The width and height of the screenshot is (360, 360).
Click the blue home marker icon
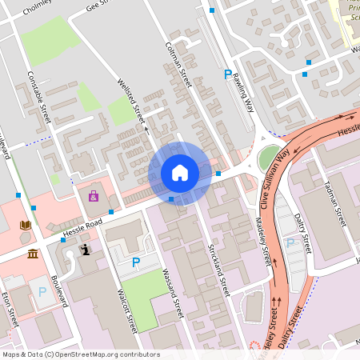pos(179,172)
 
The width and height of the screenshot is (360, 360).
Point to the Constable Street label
pos(39,98)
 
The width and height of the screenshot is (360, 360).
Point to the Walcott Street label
pos(127,311)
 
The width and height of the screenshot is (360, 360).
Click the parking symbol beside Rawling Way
pos(228,74)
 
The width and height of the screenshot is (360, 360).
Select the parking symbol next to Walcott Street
pos(135,262)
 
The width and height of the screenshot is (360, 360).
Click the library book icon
pos(26,225)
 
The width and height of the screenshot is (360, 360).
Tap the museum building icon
pos(32,254)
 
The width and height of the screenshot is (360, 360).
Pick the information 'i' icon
pos(86,250)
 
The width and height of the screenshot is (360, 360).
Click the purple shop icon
pos(94,196)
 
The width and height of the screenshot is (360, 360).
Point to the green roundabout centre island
pos(270,157)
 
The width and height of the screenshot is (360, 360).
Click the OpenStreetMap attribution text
pos(80,354)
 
